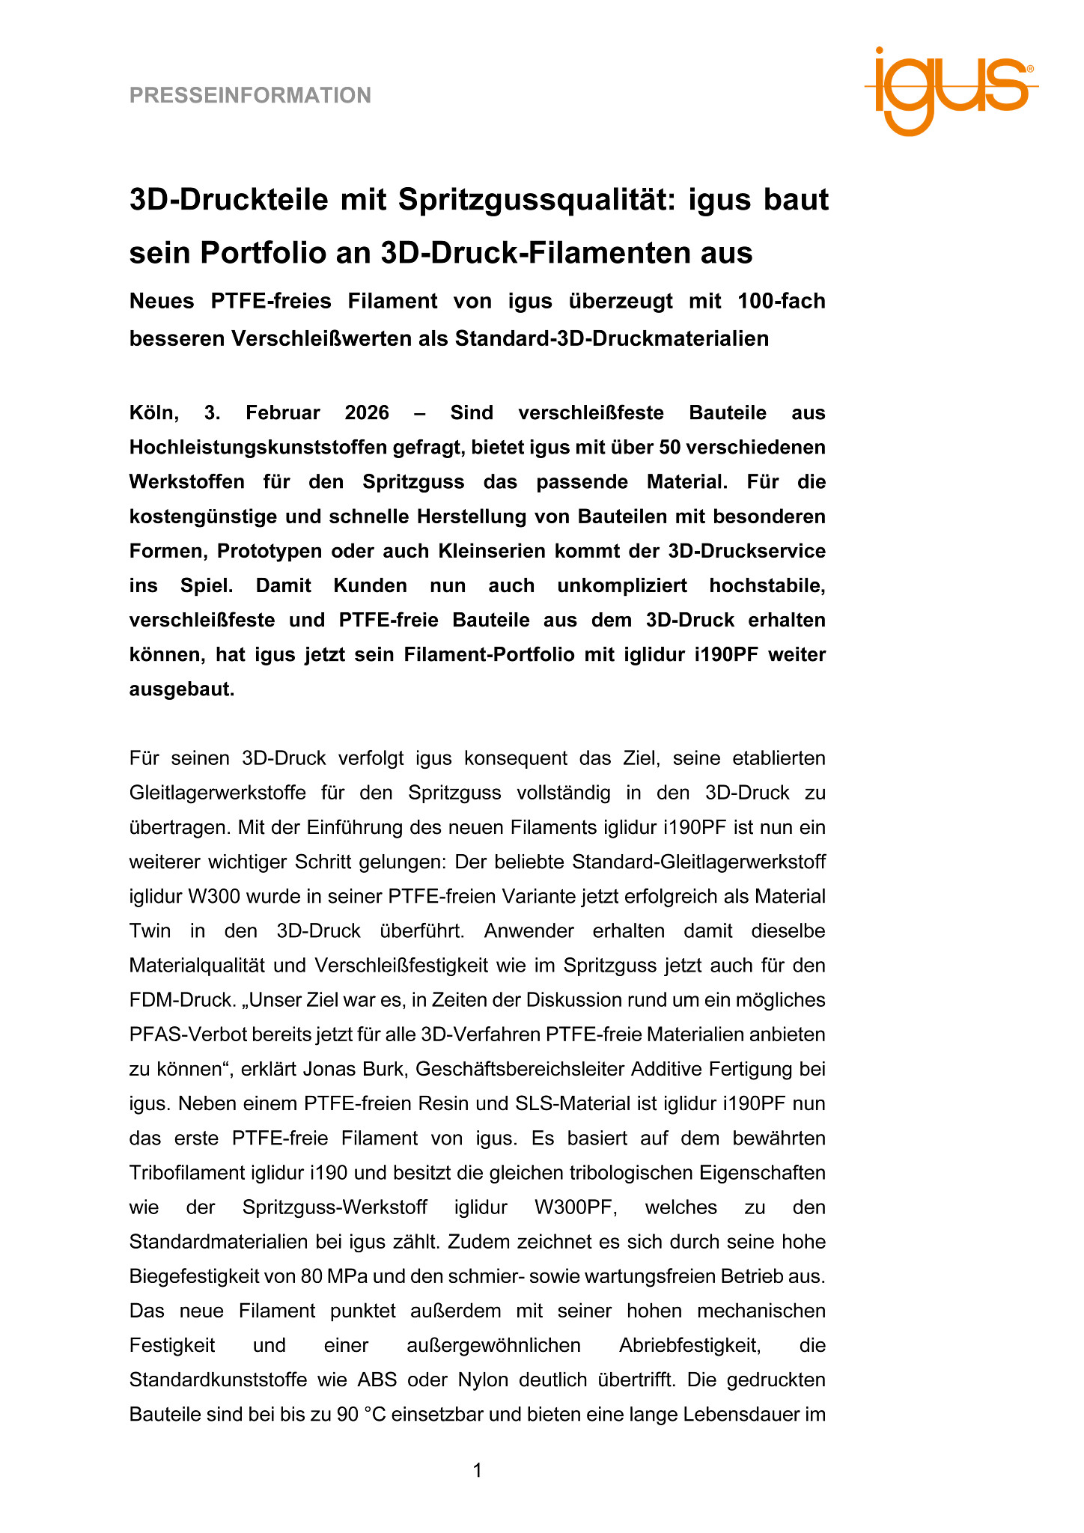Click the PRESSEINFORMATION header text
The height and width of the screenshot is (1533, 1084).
[250, 96]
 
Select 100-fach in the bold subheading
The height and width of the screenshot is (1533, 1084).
[781, 301]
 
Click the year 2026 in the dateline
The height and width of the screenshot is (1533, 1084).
[367, 413]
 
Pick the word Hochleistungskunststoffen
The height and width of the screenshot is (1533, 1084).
[268, 448]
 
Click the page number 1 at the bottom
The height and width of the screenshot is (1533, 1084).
[478, 1471]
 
